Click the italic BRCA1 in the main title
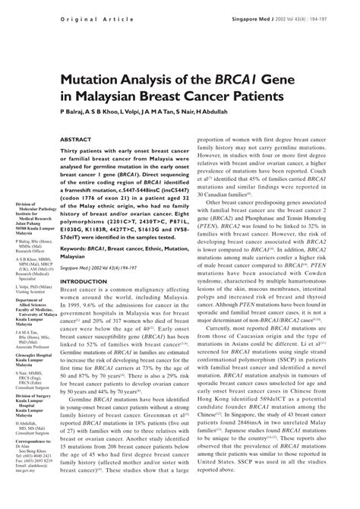[224, 78]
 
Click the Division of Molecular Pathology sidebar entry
[27, 208]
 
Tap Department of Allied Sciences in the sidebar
[30, 322]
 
